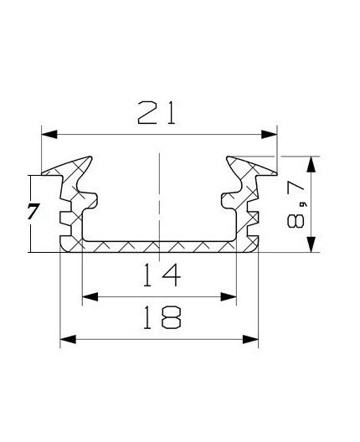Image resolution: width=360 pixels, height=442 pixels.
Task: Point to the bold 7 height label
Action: coord(33,212)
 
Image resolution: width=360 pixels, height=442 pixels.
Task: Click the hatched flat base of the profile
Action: coord(158,246)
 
